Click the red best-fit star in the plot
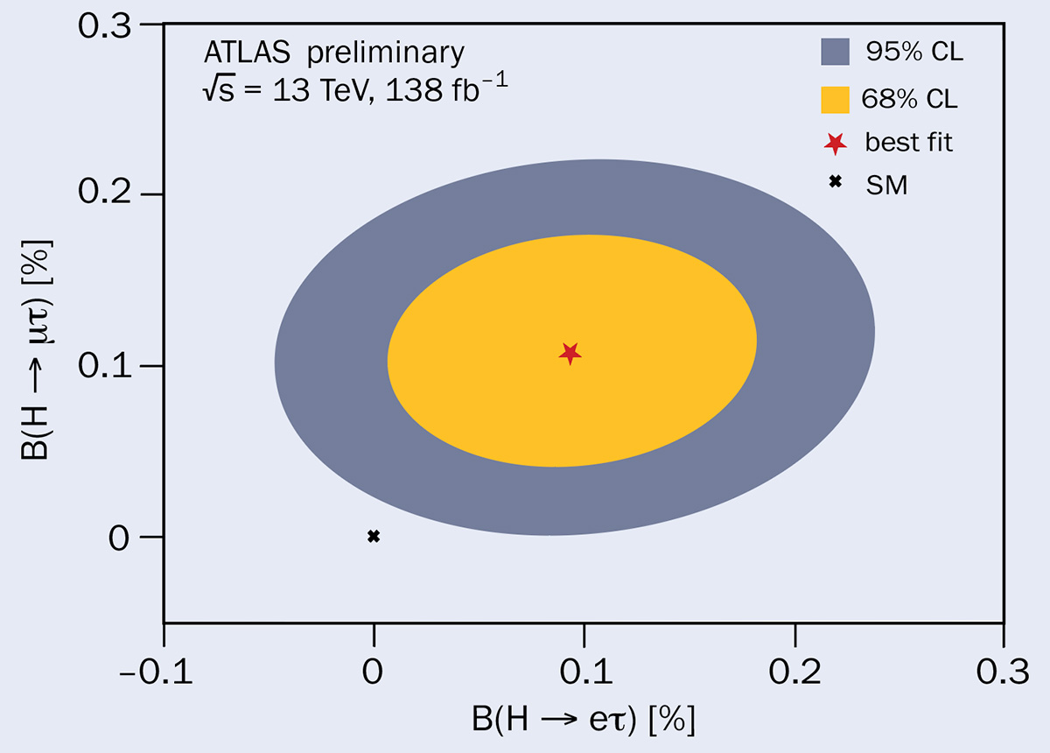click(x=570, y=353)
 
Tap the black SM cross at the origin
click(x=374, y=536)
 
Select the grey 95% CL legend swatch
click(x=836, y=52)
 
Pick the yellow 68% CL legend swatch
click(x=836, y=98)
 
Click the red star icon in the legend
click(x=836, y=142)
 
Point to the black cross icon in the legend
click(x=836, y=182)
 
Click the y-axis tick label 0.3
click(x=106, y=25)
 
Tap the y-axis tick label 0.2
click(x=106, y=194)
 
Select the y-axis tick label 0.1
click(x=106, y=365)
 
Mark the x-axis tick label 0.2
click(x=794, y=672)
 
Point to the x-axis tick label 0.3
click(x=1003, y=672)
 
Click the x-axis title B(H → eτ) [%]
click(x=583, y=721)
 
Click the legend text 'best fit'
click(x=908, y=142)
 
